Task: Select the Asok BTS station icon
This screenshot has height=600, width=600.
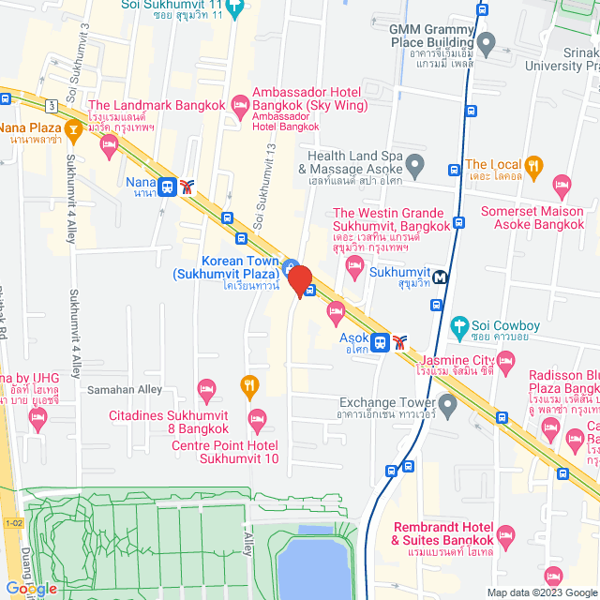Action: coord(381,342)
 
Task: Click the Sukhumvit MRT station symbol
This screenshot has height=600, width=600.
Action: coord(441,277)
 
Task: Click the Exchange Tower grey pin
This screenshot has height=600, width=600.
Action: coord(447,406)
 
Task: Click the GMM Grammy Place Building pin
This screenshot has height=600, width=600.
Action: coord(486,42)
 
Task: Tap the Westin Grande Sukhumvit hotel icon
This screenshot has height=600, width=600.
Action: coord(355,269)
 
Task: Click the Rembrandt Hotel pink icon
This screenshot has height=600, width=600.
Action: coord(506,537)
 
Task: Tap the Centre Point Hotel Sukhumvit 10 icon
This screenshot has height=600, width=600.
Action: coord(257,417)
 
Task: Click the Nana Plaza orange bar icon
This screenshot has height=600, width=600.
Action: coord(73,127)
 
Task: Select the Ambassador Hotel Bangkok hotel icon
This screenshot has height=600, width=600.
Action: coord(239,99)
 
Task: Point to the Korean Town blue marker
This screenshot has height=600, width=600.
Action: coord(291,265)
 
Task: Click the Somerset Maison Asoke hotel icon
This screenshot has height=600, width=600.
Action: coord(562,184)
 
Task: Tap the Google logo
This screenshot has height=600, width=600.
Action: coord(30,589)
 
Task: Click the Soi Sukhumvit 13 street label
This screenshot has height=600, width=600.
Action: coord(266,187)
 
